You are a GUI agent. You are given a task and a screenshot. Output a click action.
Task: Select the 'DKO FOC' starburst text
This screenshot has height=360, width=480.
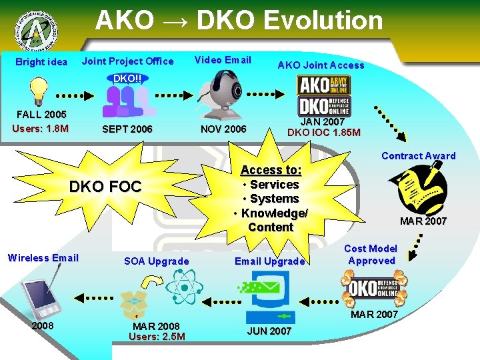105,187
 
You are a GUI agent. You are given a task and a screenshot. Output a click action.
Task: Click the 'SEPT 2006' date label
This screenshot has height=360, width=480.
127,129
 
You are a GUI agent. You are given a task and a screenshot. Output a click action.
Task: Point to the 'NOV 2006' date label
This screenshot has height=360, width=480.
223,129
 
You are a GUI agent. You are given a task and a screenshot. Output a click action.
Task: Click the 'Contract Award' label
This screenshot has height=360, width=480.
418,156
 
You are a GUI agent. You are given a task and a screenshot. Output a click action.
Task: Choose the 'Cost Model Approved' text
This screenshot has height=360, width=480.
371,254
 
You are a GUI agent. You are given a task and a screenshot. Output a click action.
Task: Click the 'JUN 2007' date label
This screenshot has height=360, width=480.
269,331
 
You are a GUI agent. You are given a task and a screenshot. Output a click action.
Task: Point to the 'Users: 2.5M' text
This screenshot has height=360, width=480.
157,337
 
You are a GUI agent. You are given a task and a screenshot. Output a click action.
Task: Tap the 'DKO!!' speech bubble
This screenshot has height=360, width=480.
126,78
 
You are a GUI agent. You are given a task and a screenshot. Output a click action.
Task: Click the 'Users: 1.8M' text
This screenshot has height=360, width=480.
40,127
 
